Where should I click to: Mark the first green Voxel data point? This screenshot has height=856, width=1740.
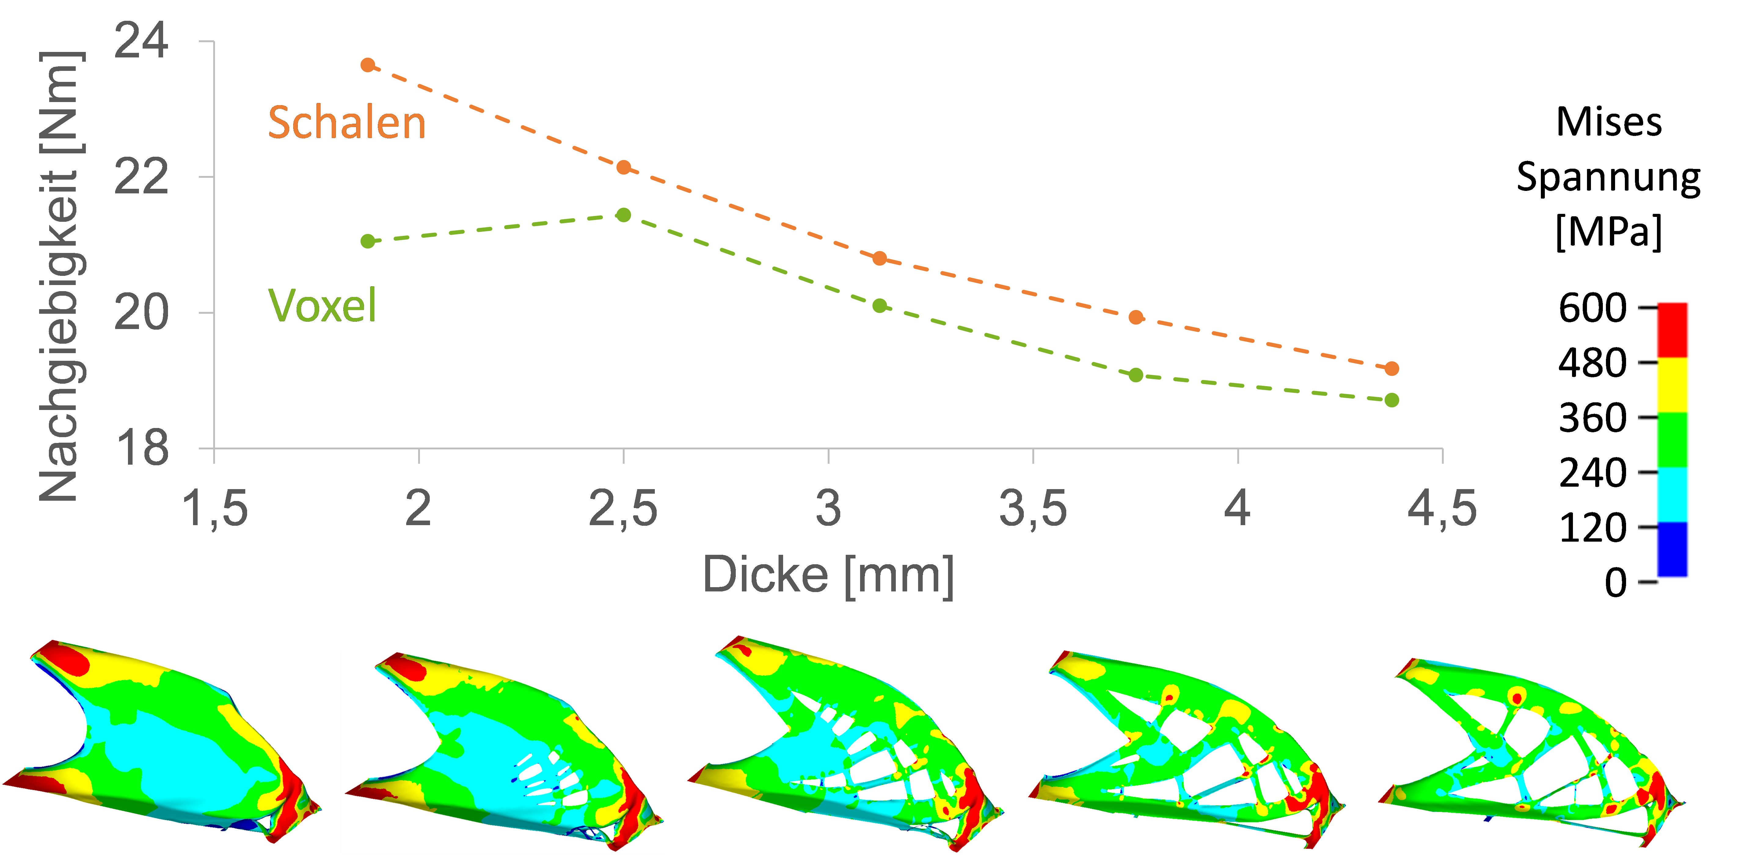tap(367, 241)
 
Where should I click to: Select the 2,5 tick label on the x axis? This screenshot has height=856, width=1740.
tap(623, 508)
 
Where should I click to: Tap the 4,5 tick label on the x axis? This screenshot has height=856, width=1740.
tap(1441, 508)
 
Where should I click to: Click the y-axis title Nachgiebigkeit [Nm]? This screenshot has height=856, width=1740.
tap(61, 277)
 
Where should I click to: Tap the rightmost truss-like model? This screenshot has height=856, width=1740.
tap(1533, 750)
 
